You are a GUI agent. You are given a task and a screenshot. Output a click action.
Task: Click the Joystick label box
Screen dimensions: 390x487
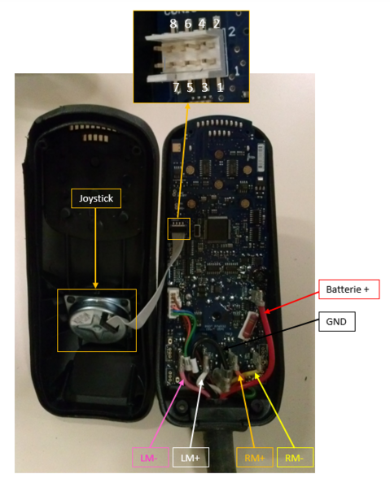96,198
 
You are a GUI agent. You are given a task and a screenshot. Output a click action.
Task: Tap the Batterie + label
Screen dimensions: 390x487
349,289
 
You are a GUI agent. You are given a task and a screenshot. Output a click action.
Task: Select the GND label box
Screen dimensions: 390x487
337,321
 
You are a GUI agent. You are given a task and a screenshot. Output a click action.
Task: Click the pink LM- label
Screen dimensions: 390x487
151,457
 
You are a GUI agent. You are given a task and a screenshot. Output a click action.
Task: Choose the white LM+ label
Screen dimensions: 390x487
191,457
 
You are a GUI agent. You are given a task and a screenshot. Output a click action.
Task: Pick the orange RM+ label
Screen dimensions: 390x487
255,457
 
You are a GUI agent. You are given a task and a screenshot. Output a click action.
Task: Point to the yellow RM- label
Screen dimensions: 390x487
295,457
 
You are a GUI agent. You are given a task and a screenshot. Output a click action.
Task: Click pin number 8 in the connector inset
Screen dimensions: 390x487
173,24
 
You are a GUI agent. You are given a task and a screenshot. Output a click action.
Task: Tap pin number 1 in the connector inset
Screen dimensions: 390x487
220,88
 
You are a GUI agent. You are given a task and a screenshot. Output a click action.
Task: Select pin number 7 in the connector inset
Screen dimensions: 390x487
176,88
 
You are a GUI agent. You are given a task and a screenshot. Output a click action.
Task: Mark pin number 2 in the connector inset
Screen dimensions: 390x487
217,24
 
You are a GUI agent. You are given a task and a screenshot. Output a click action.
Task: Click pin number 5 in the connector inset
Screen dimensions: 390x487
190,88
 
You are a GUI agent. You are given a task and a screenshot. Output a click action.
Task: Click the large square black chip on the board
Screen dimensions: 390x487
218,229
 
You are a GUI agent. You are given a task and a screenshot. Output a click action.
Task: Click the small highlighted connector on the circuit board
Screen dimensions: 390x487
179,228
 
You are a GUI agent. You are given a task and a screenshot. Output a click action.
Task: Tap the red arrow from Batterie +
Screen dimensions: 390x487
292,302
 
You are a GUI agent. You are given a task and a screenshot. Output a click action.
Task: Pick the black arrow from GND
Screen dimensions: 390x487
271,335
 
